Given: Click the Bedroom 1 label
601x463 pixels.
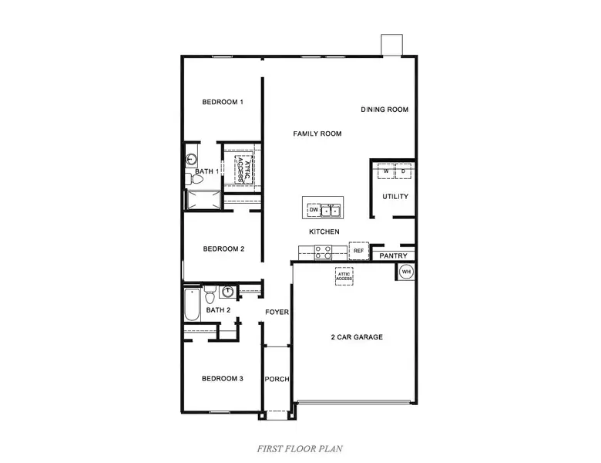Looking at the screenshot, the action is click(223, 102).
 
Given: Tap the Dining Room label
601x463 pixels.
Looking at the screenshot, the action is click(384, 110).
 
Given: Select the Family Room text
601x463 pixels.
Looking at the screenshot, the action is click(317, 133).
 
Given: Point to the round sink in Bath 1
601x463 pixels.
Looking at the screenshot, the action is click(191, 158).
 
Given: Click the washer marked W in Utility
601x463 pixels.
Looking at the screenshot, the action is click(386, 171).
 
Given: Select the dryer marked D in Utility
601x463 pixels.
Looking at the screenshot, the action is click(403, 171).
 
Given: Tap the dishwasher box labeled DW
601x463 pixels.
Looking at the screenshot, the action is click(314, 210).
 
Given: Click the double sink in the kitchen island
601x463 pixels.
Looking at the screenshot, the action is click(331, 211).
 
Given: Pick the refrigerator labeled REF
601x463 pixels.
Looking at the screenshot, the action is click(359, 251).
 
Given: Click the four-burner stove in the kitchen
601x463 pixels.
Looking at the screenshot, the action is click(323, 252).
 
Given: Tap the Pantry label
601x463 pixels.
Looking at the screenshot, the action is click(393, 255).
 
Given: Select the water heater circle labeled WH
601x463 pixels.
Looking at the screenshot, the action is click(406, 272).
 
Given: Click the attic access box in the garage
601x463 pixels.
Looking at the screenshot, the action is click(344, 276).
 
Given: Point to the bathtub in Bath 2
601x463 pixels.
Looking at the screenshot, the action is click(192, 305).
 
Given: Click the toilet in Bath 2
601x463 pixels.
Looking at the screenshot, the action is click(210, 295).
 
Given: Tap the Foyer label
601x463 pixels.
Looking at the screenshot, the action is click(277, 312).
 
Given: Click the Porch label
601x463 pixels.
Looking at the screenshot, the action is click(277, 379).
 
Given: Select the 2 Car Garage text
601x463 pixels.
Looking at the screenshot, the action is click(357, 337).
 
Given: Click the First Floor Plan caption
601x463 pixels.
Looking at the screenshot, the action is click(300, 448).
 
